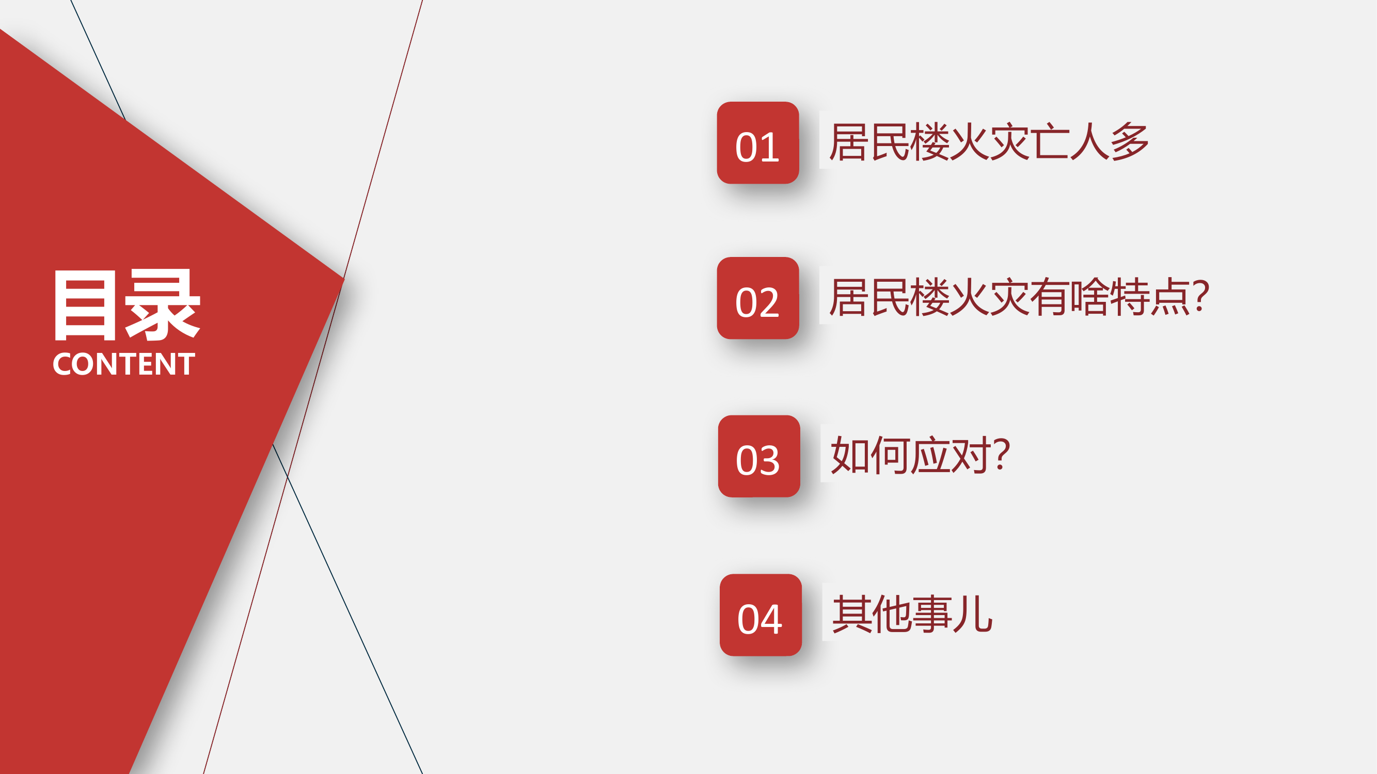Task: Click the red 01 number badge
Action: pyautogui.click(x=757, y=142)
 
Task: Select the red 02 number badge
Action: pyautogui.click(x=757, y=298)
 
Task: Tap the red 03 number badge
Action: pyautogui.click(x=758, y=456)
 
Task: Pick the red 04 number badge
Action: pyautogui.click(x=760, y=615)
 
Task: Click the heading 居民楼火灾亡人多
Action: pyautogui.click(x=988, y=141)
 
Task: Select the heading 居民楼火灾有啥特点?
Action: pyautogui.click(x=1018, y=297)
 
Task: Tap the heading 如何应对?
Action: pyautogui.click(x=920, y=455)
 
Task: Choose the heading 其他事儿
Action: pyautogui.click(x=912, y=614)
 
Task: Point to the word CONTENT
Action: pyautogui.click(x=123, y=364)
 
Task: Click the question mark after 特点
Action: pyautogui.click(x=1200, y=295)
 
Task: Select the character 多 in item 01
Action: pyautogui.click(x=1129, y=141)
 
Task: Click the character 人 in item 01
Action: pyautogui.click(x=1089, y=141)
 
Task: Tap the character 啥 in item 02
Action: pyautogui.click(x=1089, y=297)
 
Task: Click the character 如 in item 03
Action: pyautogui.click(x=849, y=455)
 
